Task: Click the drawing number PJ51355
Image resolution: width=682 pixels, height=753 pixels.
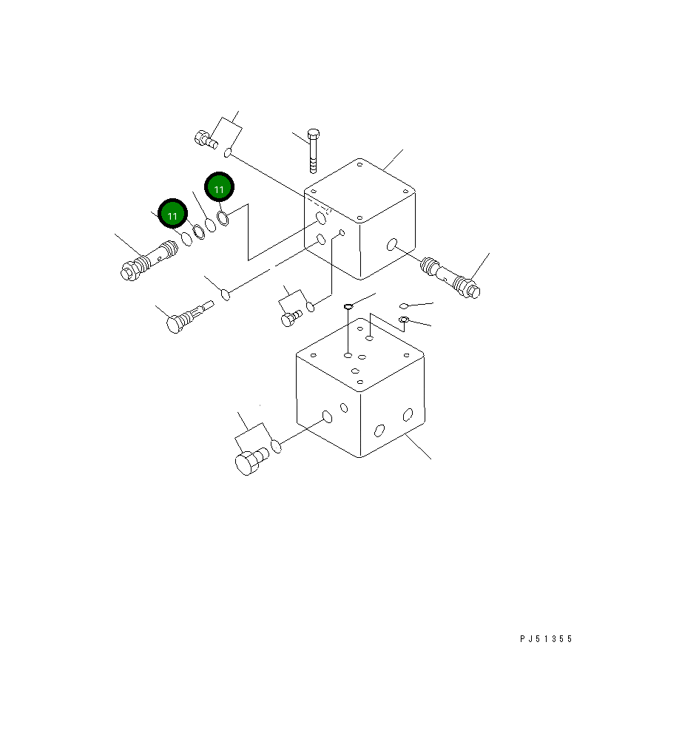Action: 546,638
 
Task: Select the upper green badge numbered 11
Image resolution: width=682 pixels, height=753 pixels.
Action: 220,187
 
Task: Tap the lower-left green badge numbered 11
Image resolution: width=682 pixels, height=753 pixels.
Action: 172,214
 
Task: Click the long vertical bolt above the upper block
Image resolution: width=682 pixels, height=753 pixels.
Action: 313,151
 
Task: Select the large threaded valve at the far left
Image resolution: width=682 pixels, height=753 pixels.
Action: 149,260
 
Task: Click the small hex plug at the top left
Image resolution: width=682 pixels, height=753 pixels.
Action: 206,140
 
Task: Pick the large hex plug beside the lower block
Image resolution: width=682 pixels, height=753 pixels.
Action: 251,461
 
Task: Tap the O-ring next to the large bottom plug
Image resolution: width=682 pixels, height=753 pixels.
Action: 276,445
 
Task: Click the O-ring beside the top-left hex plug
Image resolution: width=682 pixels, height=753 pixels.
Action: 228,152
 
